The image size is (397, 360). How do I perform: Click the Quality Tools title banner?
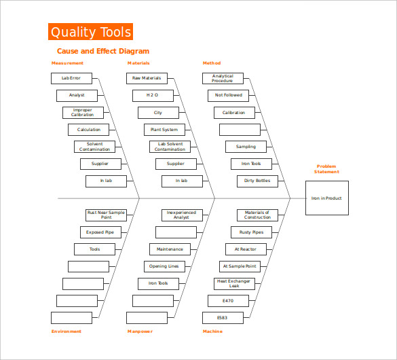pyautogui.click(x=90, y=32)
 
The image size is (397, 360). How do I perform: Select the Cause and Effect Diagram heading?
pyautogui.click(x=103, y=51)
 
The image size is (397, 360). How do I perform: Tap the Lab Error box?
pyautogui.click(x=71, y=78)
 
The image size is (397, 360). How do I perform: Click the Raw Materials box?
pyautogui.click(x=147, y=78)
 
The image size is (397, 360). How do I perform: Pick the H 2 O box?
pyautogui.click(x=153, y=96)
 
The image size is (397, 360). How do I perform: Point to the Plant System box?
pyautogui.click(x=164, y=130)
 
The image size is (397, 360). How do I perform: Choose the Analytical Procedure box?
pyautogui.click(x=223, y=78)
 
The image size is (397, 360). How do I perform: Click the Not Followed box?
pyautogui.click(x=229, y=96)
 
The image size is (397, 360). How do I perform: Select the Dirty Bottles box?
pyautogui.click(x=257, y=181)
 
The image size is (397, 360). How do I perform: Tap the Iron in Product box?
pyautogui.click(x=327, y=198)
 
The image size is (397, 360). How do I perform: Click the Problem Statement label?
pyautogui.click(x=326, y=169)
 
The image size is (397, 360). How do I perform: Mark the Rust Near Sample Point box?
pyautogui.click(x=106, y=215)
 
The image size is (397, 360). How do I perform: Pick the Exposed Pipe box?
pyautogui.click(x=100, y=232)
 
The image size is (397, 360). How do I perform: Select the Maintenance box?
pyautogui.click(x=170, y=249)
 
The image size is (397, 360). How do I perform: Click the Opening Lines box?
pyautogui.click(x=164, y=266)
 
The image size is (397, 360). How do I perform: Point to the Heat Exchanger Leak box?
pyautogui.click(x=234, y=284)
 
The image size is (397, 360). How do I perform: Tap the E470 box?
pyautogui.click(x=229, y=301)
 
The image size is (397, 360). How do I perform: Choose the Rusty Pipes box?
pyautogui.click(x=251, y=232)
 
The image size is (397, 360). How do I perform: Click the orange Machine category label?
pyautogui.click(x=212, y=331)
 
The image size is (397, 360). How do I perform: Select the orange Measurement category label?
pyautogui.click(x=67, y=63)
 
